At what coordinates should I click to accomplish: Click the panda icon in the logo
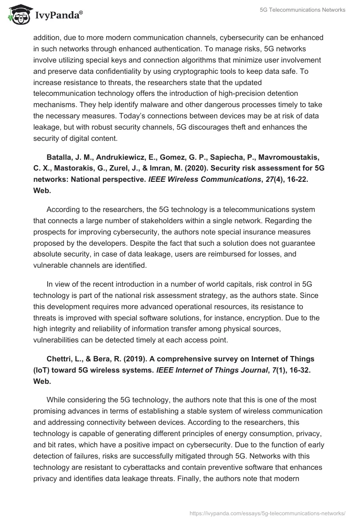pyautogui.click(x=17, y=14)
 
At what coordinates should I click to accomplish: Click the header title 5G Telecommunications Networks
pyautogui.click(x=302, y=10)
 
